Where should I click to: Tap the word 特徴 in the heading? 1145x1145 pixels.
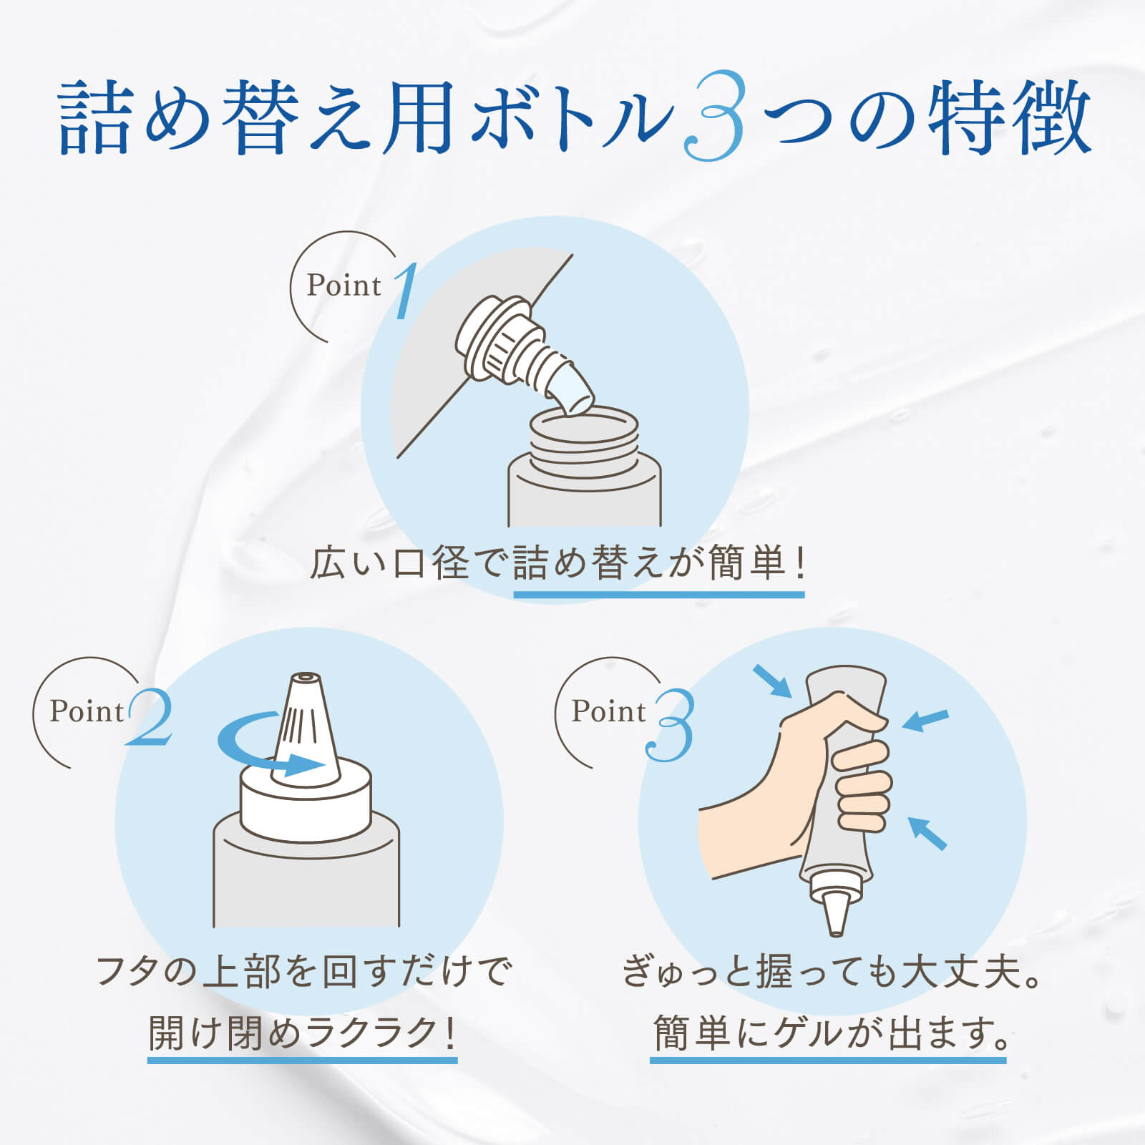pos(1009,117)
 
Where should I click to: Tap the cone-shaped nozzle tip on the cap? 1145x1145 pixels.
pos(306,726)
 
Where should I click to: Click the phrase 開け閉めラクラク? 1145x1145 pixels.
pos(302,1033)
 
